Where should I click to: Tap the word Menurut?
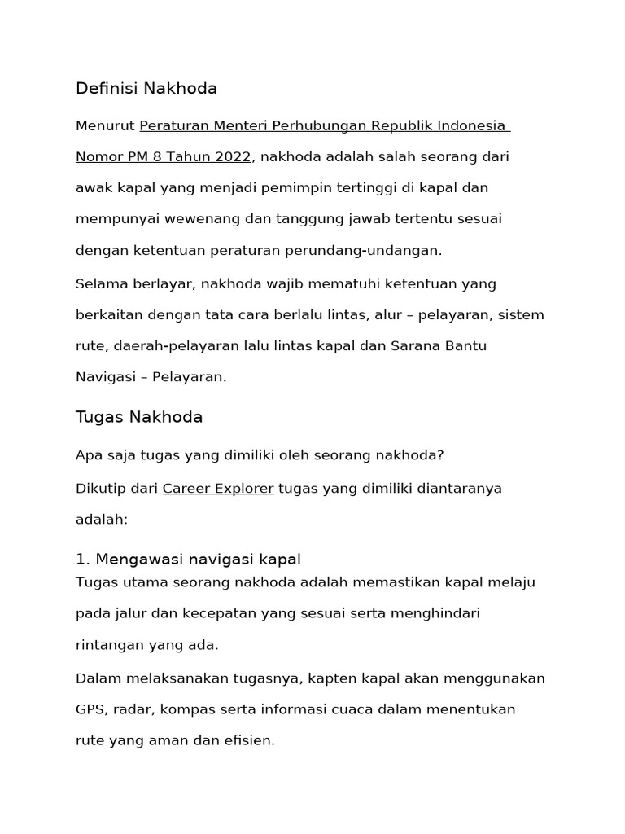105,126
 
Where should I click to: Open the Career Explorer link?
218,489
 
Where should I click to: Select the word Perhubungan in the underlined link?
320,126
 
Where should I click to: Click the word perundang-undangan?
372,250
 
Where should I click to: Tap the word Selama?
99,284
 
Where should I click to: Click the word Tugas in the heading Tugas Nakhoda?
98,418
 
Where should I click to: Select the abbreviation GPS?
90,709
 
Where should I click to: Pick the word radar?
134,709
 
